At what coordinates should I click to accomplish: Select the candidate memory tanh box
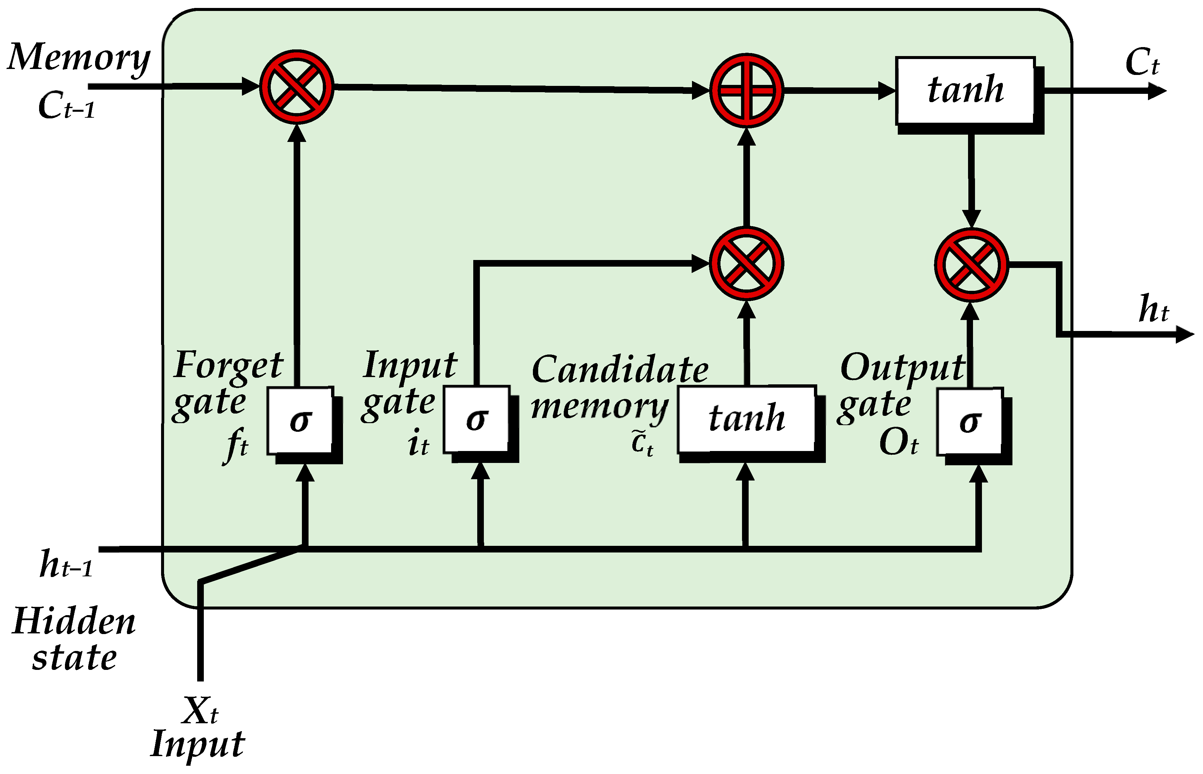(746, 419)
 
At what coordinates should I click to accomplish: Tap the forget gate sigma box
(300, 420)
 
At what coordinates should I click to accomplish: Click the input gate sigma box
(476, 419)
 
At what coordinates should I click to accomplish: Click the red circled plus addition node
(746, 91)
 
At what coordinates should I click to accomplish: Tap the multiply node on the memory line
(296, 87)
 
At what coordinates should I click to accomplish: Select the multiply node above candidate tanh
(746, 263)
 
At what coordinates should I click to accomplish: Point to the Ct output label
(1141, 63)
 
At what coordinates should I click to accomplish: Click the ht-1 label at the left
(66, 564)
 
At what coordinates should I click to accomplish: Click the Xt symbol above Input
(200, 711)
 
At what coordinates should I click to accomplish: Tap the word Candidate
(620, 369)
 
